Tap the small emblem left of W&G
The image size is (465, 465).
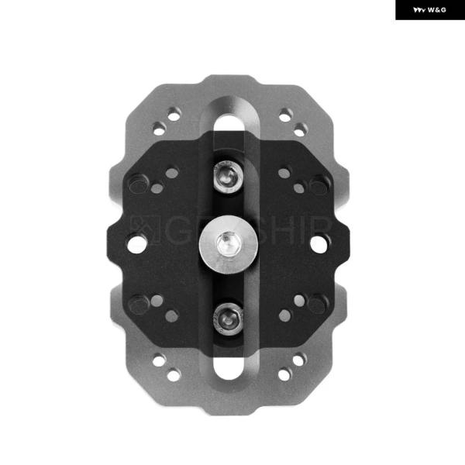[x=417, y=10]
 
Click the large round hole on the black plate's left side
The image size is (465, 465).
[x=136, y=243]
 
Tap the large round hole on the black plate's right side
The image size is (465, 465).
[x=319, y=243]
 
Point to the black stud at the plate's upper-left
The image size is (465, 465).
[x=138, y=184]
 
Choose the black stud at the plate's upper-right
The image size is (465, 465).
[x=319, y=184]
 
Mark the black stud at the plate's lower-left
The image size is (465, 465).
[x=138, y=303]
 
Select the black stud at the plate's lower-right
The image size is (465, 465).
[x=319, y=303]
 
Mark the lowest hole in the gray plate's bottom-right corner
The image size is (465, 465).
[x=285, y=374]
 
